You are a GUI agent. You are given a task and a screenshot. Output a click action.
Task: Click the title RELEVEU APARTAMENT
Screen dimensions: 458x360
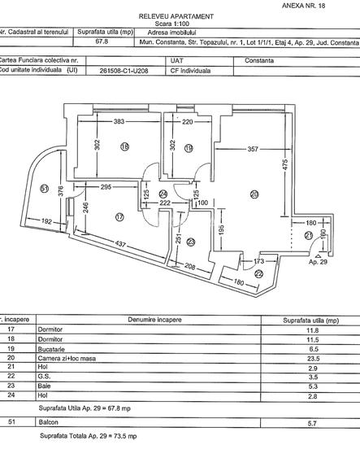(176, 16)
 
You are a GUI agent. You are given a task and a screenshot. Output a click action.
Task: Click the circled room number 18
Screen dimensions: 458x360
(124, 147)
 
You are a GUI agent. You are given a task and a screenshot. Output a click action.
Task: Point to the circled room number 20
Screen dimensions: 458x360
(254, 194)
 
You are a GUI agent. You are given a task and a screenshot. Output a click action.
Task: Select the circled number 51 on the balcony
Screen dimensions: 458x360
(44, 189)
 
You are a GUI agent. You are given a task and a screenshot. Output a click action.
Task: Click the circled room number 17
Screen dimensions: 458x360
(119, 217)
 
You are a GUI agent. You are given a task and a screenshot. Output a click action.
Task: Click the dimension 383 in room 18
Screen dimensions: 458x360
(119, 122)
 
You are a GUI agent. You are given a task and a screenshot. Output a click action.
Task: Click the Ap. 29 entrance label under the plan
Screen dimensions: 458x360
(319, 264)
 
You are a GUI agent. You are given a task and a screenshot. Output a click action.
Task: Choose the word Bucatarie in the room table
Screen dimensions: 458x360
(51, 347)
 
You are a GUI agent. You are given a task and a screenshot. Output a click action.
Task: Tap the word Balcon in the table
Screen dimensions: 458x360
(48, 423)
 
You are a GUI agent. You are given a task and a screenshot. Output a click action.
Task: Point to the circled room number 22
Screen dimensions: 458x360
(258, 273)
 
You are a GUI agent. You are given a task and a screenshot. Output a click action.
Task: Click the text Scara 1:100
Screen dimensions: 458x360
(176, 25)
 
